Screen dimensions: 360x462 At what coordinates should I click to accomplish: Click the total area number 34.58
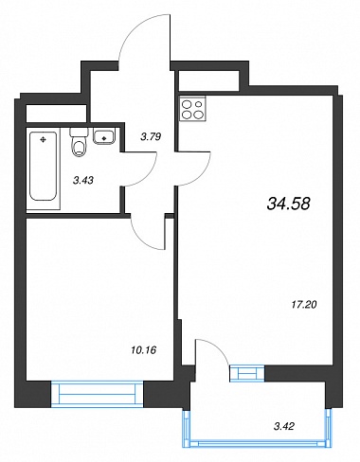[x=289, y=204]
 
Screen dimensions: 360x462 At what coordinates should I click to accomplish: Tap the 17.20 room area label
[x=303, y=305]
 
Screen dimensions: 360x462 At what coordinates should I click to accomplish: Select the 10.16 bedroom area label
[x=143, y=349]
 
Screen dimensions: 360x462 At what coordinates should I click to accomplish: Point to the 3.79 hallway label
[x=151, y=136]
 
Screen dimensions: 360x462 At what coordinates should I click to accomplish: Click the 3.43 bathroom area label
[x=83, y=180]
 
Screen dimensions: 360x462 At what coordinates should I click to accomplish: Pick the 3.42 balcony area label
[x=284, y=426]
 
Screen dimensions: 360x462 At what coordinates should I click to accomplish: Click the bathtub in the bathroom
[x=43, y=167]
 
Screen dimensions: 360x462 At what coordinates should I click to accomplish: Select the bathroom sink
[x=103, y=137]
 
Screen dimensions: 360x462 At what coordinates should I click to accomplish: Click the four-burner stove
[x=192, y=108]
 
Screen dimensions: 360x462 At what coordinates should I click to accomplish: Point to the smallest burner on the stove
[x=199, y=103]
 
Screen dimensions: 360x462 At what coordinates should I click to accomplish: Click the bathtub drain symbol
[x=43, y=139]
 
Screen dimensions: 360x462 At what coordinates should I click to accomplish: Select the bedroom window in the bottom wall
[x=98, y=393]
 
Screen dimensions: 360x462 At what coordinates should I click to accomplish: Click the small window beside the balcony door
[x=246, y=373]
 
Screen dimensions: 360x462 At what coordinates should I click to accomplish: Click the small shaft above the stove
[x=208, y=80]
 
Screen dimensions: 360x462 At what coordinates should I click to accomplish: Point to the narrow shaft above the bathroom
[x=56, y=113]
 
